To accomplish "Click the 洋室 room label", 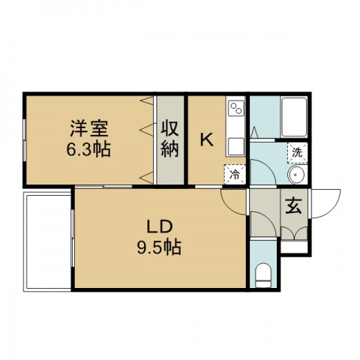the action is click(x=89, y=129).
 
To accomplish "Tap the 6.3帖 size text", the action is click(x=88, y=149).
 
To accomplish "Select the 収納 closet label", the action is click(x=170, y=139).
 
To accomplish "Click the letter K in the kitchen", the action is click(x=207, y=139).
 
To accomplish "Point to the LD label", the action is click(x=160, y=227).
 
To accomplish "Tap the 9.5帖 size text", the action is click(x=159, y=247).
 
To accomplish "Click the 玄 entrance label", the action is click(x=293, y=206).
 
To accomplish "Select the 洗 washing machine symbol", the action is click(x=297, y=153).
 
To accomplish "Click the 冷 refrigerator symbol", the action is click(x=235, y=175).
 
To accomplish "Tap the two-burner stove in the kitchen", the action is click(x=236, y=108).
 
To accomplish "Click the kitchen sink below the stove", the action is click(x=236, y=146).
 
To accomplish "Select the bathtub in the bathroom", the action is click(x=294, y=117).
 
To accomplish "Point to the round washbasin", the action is click(x=296, y=175).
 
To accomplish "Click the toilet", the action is click(x=263, y=276).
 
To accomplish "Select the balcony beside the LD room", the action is click(x=47, y=241).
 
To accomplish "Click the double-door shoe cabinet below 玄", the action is click(x=294, y=233).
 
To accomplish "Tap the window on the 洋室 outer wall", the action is click(x=25, y=140).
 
